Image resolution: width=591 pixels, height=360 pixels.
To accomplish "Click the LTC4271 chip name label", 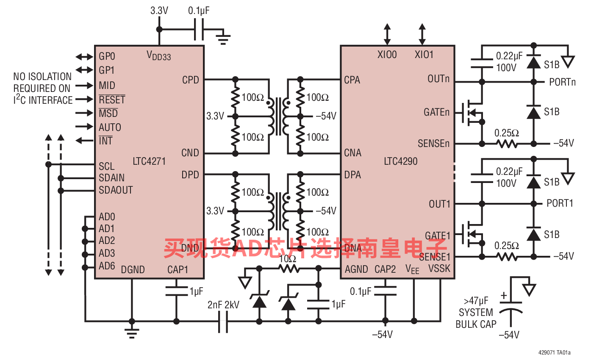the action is coord(149,161).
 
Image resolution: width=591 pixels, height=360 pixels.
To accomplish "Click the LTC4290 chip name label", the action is coord(400,161).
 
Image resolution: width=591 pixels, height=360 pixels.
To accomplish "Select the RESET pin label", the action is coord(112,100).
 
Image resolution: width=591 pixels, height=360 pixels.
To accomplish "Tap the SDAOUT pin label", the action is coord(116,190).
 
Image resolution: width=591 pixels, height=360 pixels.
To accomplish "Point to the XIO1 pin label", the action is coord(424,55).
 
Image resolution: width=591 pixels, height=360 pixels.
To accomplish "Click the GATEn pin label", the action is coord(436,112).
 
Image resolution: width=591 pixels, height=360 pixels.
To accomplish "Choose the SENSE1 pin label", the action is coord(434,257).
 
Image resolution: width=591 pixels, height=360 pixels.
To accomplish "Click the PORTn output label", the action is coord(562,82).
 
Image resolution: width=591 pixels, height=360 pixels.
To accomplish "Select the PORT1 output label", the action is coord(560,203).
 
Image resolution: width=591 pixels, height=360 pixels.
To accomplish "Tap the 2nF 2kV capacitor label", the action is coord(223,305).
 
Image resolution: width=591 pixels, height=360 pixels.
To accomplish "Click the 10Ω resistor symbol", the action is coord(289,269).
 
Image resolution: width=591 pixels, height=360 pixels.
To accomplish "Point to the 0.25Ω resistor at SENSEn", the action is coord(507,144).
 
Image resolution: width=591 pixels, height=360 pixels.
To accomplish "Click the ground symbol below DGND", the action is coord(132,333).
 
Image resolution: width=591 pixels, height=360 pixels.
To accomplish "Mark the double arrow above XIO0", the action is coord(387,34).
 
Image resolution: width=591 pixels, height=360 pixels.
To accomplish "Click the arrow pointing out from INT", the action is coord(84,141).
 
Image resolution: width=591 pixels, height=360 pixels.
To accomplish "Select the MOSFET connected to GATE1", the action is coord(472,234).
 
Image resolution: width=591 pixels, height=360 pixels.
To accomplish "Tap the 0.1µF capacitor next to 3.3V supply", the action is coord(199,29).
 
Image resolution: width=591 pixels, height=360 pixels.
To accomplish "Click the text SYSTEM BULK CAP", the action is coord(476,318).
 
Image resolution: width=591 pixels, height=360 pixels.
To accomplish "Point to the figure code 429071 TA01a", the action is coord(554,353).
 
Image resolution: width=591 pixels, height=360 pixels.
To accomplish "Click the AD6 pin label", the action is coord(107,266).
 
